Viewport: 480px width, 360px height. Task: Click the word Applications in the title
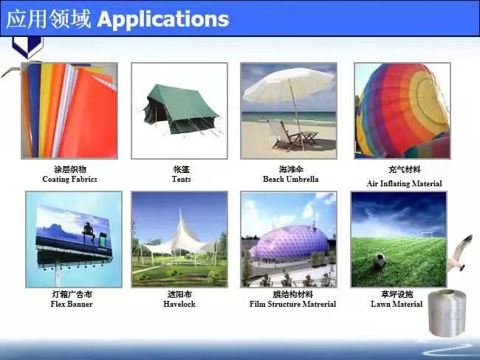pyautogui.click(x=162, y=18)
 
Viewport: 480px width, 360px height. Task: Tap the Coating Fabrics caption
pyautogui.click(x=70, y=180)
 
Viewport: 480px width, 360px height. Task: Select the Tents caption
pyautogui.click(x=181, y=180)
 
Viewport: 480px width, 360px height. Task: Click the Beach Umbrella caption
pyautogui.click(x=290, y=180)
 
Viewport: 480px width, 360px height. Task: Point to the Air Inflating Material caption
pyautogui.click(x=404, y=183)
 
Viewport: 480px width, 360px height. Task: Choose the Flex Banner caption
pyautogui.click(x=72, y=304)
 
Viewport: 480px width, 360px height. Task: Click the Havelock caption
pyautogui.click(x=179, y=304)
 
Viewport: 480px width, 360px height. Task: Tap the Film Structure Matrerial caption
pyautogui.click(x=292, y=304)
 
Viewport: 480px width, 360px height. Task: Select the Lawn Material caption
pyautogui.click(x=397, y=304)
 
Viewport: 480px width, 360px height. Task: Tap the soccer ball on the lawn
pyautogui.click(x=380, y=260)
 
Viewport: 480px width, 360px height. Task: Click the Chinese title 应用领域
pyautogui.click(x=49, y=18)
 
